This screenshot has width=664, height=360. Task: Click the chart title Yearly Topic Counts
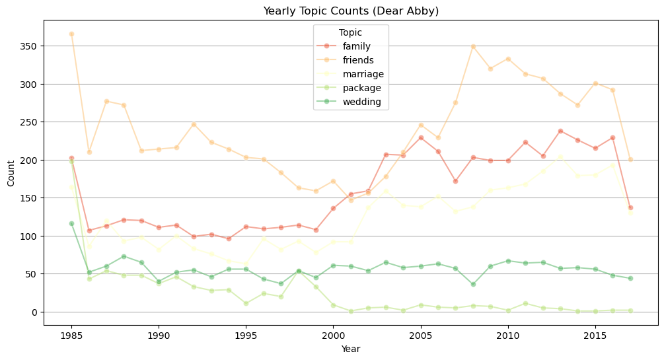pos(351,11)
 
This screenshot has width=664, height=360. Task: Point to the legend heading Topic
pos(350,32)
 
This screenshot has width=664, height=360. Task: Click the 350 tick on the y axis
pos(28,46)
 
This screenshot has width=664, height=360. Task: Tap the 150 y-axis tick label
pos(28,198)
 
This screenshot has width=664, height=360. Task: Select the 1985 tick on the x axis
pos(71,336)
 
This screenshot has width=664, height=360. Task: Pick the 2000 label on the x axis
pos(333,336)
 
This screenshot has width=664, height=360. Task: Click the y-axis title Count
pos(11,173)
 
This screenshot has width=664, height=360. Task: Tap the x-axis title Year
pos(351,349)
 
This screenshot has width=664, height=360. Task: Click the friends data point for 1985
pos(71,34)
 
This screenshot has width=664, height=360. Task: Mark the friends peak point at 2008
pos(473,47)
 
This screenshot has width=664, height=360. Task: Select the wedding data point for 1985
pos(71,224)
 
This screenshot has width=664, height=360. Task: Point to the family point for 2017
pos(630,207)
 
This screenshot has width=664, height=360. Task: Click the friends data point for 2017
pos(630,160)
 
